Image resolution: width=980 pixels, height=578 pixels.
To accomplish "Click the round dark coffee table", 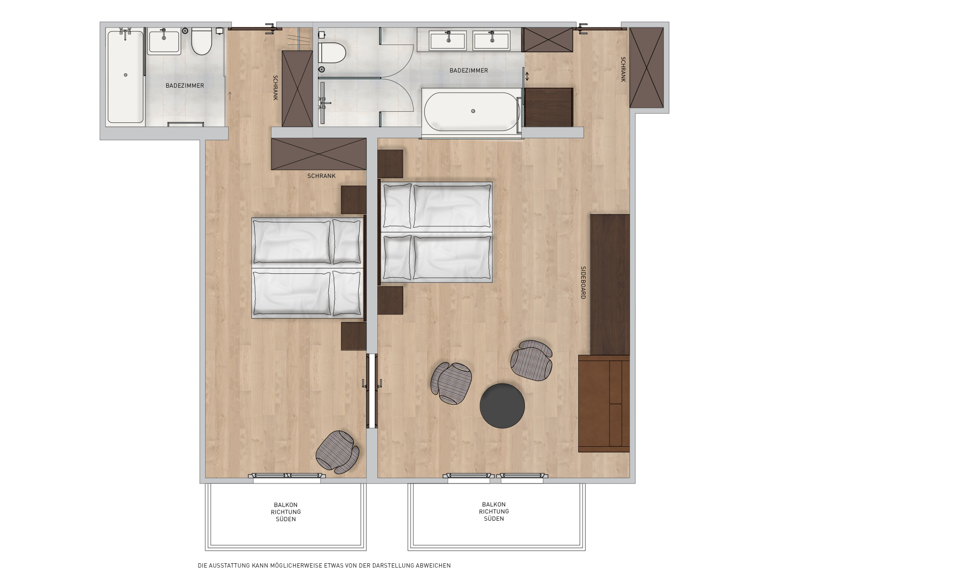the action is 502,406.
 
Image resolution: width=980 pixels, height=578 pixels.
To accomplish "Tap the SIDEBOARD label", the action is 583,283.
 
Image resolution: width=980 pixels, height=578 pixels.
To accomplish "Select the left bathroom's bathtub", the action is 125,77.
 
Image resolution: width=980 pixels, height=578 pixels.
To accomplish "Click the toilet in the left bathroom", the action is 201,41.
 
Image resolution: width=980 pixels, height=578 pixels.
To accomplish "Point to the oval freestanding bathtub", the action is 471,111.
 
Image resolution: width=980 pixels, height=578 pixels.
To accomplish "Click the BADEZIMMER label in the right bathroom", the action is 469,71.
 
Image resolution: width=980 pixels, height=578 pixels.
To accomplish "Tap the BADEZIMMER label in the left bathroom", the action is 185,86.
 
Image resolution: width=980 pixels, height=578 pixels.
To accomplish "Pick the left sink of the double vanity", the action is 448,40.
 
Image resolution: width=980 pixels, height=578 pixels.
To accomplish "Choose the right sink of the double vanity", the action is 491,40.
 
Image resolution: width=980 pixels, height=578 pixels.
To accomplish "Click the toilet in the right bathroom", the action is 332,52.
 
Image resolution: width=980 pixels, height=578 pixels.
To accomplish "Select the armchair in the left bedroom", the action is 338,452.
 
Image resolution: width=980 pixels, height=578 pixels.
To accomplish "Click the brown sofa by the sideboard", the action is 604,404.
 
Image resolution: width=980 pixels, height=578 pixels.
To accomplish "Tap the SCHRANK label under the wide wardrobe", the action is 321,176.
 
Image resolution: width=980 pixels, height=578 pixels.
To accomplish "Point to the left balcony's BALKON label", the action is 286,505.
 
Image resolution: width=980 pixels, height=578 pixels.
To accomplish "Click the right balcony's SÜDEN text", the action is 494,519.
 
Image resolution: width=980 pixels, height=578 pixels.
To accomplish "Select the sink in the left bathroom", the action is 164,41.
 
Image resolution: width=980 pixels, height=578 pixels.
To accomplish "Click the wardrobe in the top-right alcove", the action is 646,68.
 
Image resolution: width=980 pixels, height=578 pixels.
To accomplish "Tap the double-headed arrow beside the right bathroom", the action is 527,76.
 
